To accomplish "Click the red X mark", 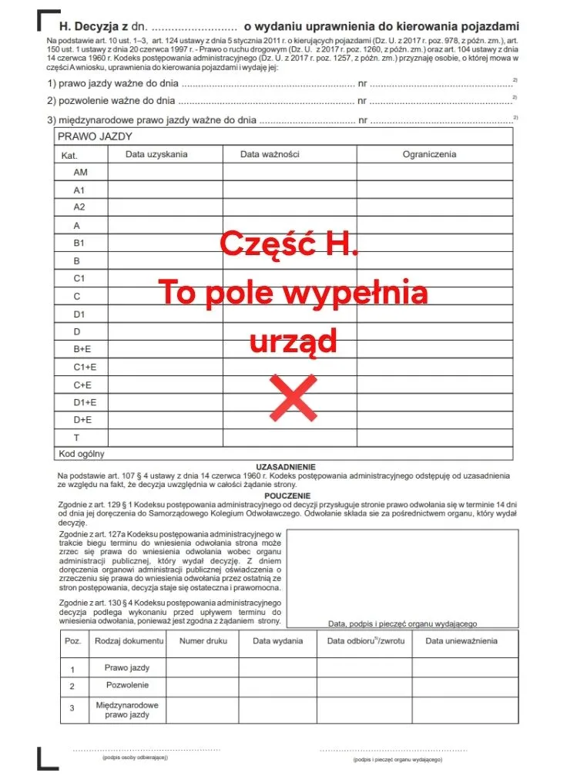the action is [293, 397].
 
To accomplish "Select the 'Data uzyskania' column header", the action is [156, 154].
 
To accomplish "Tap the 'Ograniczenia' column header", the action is [429, 154].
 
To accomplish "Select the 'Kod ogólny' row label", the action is [82, 454].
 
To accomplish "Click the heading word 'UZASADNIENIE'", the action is [286, 467].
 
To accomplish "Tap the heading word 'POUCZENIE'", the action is [287, 496].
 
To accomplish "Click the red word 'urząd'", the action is [293, 341].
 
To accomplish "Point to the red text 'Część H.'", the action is [289, 244].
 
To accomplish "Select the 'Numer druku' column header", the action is [203, 640].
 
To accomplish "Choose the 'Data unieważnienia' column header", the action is [461, 640].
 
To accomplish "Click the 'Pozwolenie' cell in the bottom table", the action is [127, 685].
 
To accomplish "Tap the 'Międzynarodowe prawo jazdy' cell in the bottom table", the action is [127, 710].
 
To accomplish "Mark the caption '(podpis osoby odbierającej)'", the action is [135, 758].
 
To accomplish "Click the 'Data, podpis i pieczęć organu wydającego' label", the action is [402, 623].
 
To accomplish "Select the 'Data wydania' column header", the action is [277, 640].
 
